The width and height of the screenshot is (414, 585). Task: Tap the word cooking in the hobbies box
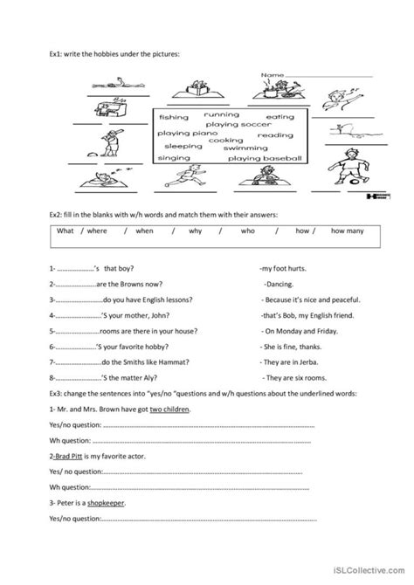(225, 140)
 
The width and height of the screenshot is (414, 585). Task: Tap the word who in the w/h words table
(247, 231)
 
